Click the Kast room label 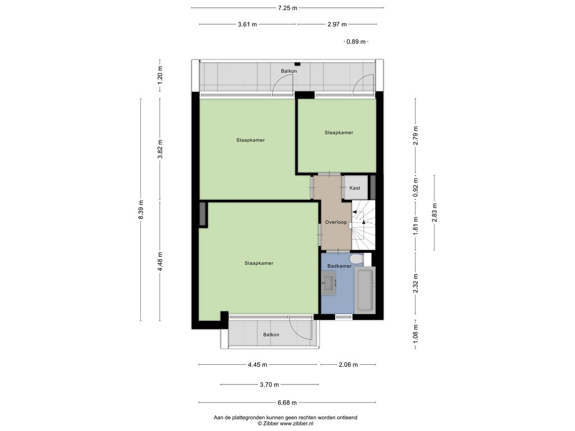tap(355, 188)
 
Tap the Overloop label tap(336, 222)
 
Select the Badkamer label tap(339, 266)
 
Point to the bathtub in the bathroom tap(365, 290)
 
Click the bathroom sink tap(329, 283)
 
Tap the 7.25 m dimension tap(288, 8)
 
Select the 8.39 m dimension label tap(141, 210)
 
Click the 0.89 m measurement tap(356, 42)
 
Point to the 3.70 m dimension tap(270, 384)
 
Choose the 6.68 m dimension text tap(287, 402)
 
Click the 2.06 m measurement tap(348, 365)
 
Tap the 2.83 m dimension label tap(435, 213)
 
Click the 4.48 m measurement tap(159, 262)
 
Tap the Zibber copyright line tap(286, 424)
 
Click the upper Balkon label tap(289, 71)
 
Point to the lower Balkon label tap(271, 334)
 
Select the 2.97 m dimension tap(337, 25)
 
